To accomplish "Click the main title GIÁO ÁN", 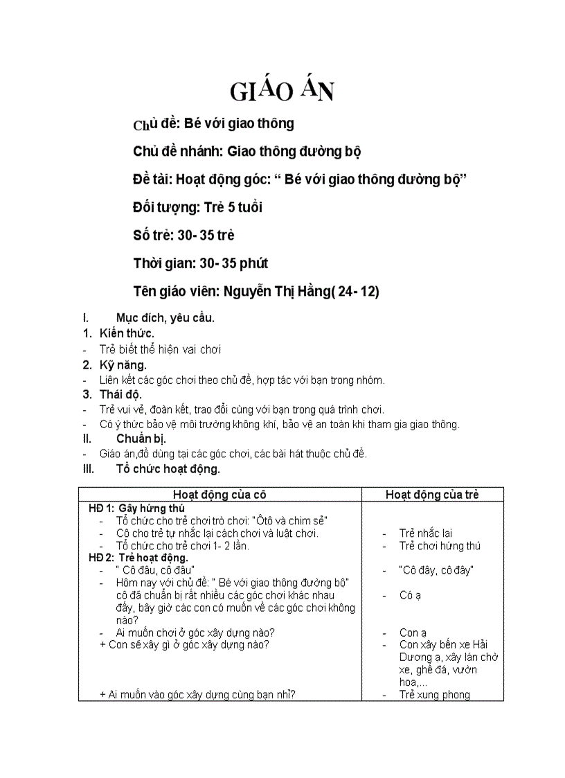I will click(282, 90).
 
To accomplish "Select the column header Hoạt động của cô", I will click(219, 494).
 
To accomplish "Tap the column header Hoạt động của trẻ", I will click(432, 494).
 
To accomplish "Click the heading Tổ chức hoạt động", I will click(168, 468).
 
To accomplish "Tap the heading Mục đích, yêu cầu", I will click(165, 318).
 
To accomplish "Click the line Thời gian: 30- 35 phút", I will click(201, 263).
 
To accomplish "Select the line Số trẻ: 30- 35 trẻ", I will click(183, 235).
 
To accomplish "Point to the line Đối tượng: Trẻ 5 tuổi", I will click(197, 207).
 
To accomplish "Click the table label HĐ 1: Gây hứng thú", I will click(136, 508).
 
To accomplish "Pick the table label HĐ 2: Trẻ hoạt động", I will click(138, 557).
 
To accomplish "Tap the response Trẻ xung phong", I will click(434, 694).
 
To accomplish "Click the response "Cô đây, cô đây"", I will click(436, 570).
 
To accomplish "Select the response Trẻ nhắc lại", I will click(425, 533).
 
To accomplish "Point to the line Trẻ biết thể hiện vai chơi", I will click(160, 349).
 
